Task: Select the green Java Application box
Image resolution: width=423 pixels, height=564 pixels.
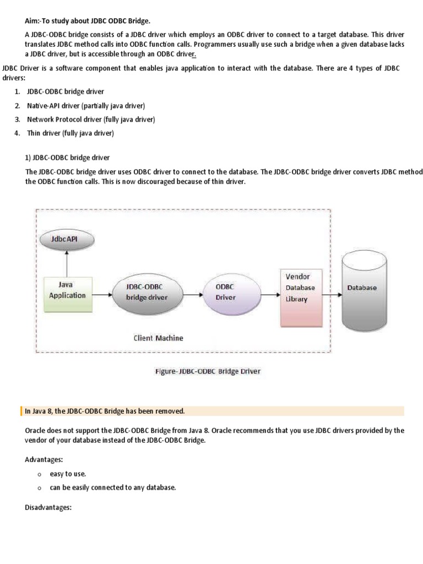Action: click(x=67, y=295)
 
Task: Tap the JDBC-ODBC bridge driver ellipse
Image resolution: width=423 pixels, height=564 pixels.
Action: click(x=147, y=292)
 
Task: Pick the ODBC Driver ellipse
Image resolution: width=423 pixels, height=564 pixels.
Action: click(x=225, y=292)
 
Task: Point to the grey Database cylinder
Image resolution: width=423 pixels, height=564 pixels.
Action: click(x=362, y=290)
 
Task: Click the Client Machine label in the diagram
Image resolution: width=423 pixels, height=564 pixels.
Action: click(x=159, y=338)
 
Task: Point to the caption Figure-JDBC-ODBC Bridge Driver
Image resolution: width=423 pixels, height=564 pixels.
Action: click(x=207, y=371)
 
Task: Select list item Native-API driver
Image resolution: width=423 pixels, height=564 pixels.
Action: click(x=86, y=105)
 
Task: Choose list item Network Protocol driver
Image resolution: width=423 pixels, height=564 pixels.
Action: click(x=91, y=119)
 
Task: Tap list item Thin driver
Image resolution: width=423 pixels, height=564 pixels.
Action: click(x=70, y=133)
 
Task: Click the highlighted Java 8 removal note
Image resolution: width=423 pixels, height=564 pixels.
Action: click(x=105, y=411)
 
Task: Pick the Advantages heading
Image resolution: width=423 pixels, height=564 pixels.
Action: click(x=44, y=458)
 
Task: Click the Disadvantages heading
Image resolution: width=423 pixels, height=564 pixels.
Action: click(x=48, y=507)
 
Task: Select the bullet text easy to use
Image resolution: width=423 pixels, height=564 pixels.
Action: click(x=68, y=473)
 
